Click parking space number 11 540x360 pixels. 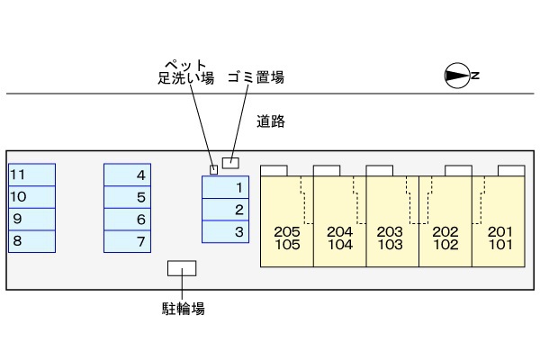click(32, 175)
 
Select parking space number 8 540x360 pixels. click(32, 241)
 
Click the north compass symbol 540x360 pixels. click(459, 76)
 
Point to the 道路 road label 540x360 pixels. click(270, 121)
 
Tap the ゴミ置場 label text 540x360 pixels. click(256, 77)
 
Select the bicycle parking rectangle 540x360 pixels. click(183, 269)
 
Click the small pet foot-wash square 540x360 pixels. click(213, 168)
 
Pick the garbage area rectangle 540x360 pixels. click(232, 162)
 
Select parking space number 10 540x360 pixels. click(32, 196)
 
